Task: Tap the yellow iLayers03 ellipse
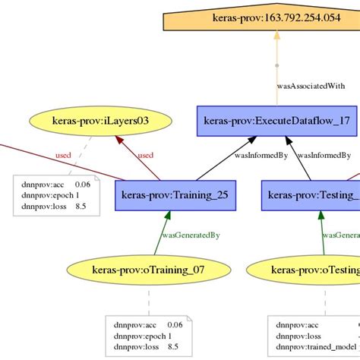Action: pyautogui.click(x=100, y=120)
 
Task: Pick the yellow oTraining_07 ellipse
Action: pyautogui.click(x=147, y=269)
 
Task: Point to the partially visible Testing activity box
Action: pyautogui.click(x=310, y=195)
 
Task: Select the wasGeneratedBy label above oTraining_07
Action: pyautogui.click(x=190, y=235)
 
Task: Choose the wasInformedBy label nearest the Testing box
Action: pyautogui.click(x=324, y=156)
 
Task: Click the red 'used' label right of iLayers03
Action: pyautogui.click(x=145, y=156)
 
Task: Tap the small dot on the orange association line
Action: pyautogui.click(x=276, y=65)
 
